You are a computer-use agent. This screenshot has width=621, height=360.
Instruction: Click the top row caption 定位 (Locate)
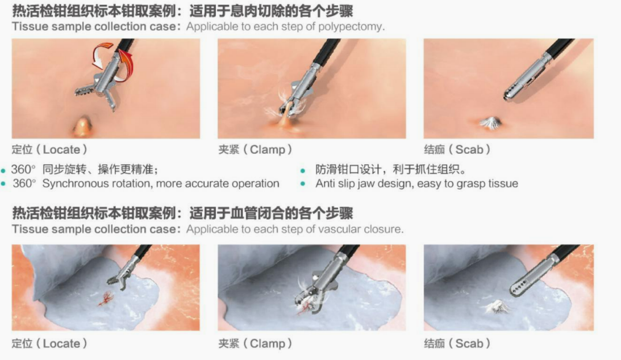pyautogui.click(x=49, y=150)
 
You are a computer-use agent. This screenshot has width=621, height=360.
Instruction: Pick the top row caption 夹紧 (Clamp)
pyautogui.click(x=255, y=150)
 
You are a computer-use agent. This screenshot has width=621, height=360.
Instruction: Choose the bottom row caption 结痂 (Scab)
pyautogui.click(x=457, y=344)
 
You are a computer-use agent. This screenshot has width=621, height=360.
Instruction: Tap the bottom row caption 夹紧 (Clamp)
pyautogui.click(x=255, y=344)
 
